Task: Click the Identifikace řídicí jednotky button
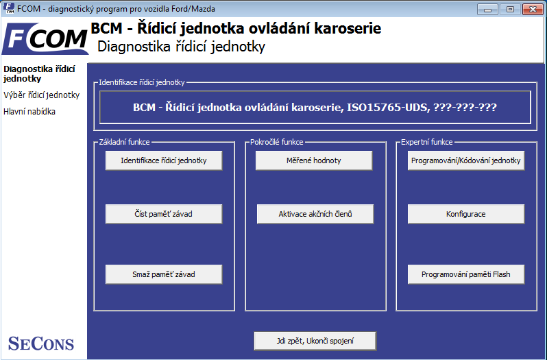pyautogui.click(x=164, y=160)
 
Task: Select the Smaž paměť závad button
pyautogui.click(x=164, y=274)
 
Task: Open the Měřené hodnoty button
pyautogui.click(x=314, y=160)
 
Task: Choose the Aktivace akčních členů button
pyautogui.click(x=315, y=214)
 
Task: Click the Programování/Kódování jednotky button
pyautogui.click(x=465, y=160)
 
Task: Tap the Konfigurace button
pyautogui.click(x=465, y=214)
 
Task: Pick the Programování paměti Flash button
pyautogui.click(x=465, y=274)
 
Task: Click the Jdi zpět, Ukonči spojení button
pyautogui.click(x=315, y=341)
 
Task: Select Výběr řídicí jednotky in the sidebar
pyautogui.click(x=42, y=95)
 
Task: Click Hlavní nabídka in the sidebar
pyautogui.click(x=29, y=112)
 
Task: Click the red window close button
pyautogui.click(x=533, y=9)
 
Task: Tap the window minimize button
pyautogui.click(x=487, y=9)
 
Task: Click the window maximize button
pyautogui.click(x=510, y=9)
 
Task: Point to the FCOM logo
pyautogui.click(x=45, y=38)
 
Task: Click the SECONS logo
pyautogui.click(x=41, y=344)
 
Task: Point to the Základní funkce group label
pyautogui.click(x=124, y=142)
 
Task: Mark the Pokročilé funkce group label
pyautogui.click(x=277, y=142)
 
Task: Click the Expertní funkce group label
pyautogui.click(x=426, y=142)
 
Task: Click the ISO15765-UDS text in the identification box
pyautogui.click(x=387, y=108)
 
